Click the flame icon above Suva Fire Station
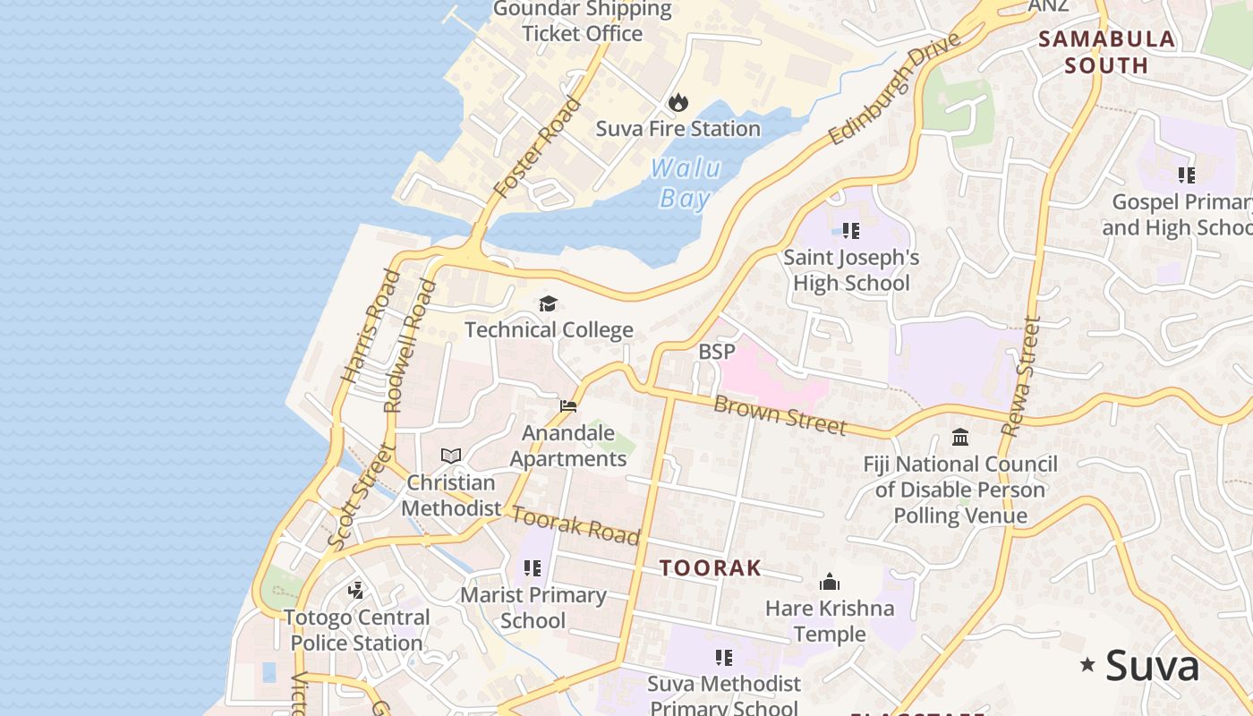[678, 102]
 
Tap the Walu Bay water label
[686, 183]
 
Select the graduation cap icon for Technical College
[548, 304]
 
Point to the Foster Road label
[538, 148]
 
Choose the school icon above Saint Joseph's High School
[851, 231]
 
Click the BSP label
[716, 352]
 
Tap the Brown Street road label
[780, 415]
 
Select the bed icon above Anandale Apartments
[568, 406]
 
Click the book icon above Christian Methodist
[451, 456]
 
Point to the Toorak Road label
[575, 524]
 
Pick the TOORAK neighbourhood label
[711, 567]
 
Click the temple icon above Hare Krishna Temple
[830, 582]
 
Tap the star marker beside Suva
[1087, 664]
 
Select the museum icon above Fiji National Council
[960, 438]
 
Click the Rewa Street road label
[1021, 377]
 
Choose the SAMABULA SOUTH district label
[1106, 52]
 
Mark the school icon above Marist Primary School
[533, 568]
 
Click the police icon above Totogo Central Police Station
[356, 590]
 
